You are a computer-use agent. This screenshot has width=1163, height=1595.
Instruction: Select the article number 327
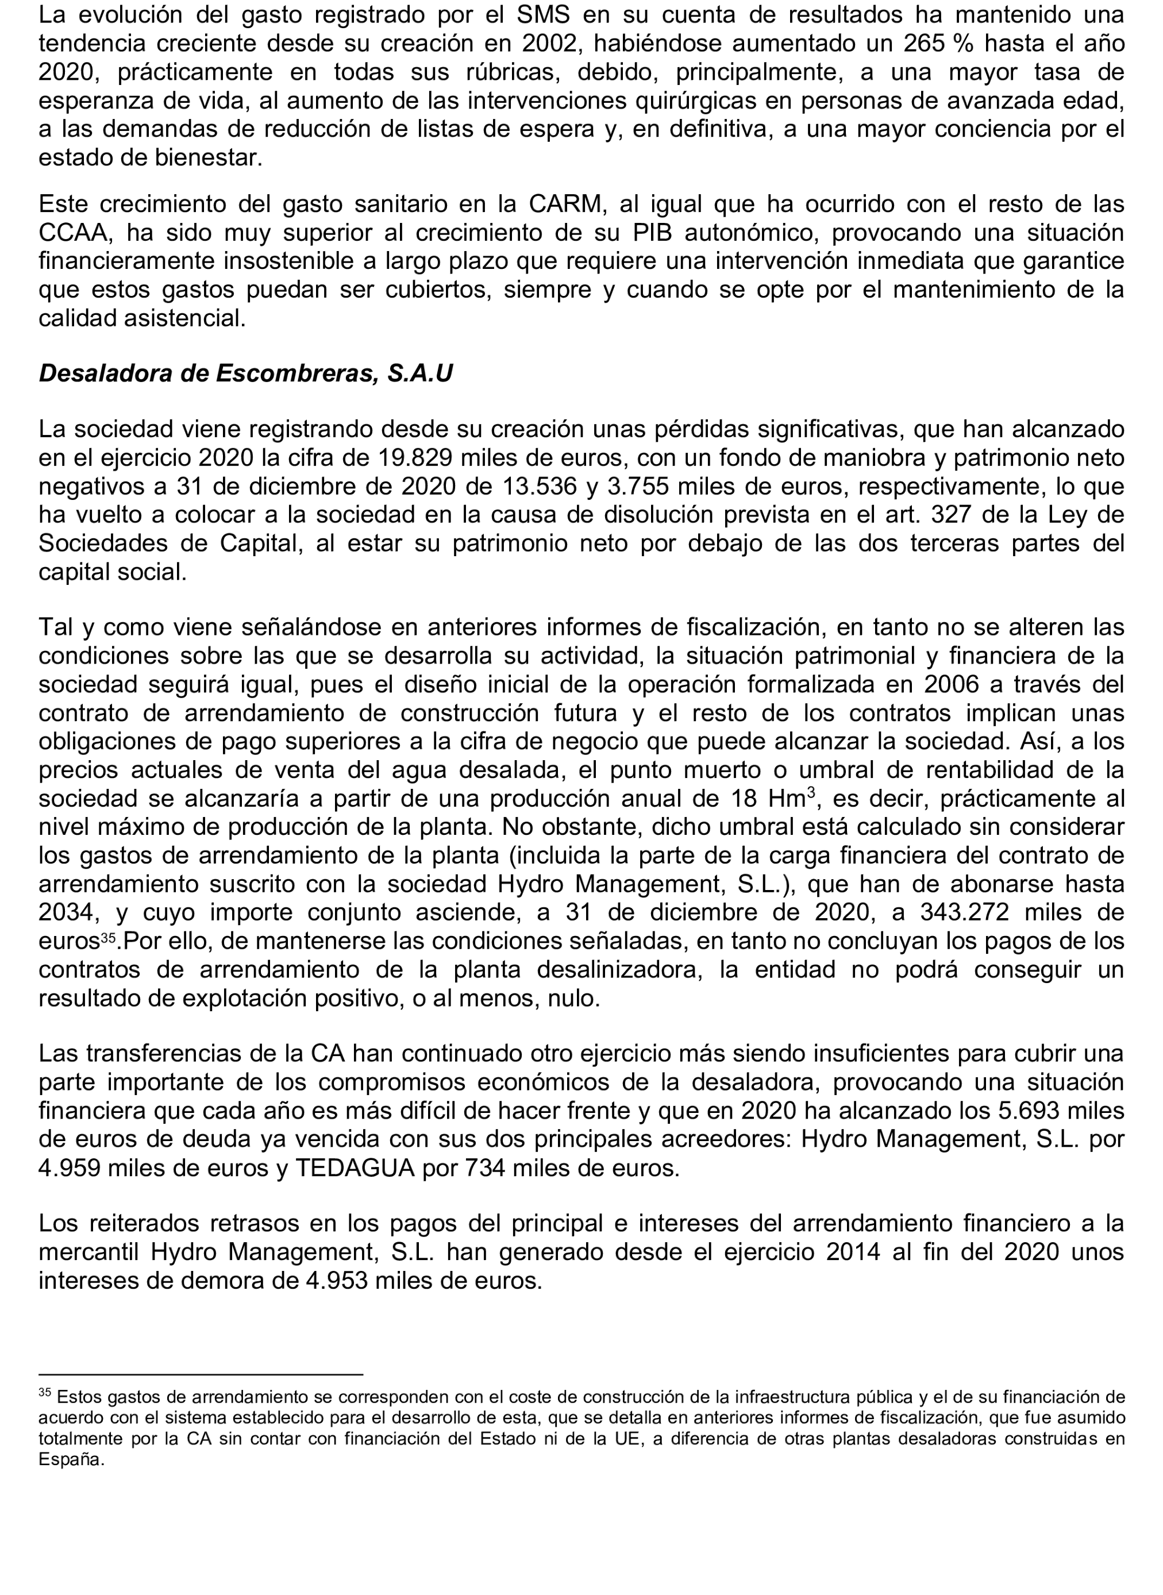(956, 515)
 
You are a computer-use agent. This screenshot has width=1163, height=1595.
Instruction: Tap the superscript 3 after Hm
(810, 792)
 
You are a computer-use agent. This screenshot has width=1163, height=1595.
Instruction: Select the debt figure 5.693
(1031, 1111)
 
